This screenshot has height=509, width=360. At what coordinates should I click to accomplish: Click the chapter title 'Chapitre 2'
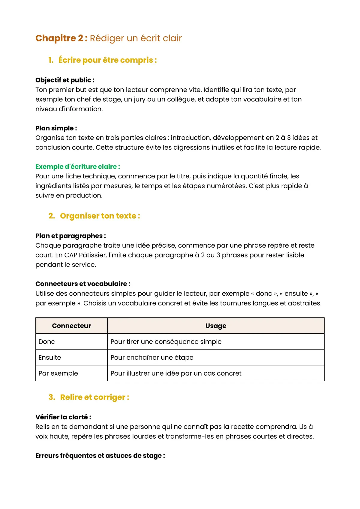point(61,38)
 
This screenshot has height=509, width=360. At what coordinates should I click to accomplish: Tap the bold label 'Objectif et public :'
point(65,80)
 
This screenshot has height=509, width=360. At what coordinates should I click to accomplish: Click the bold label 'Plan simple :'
point(56,128)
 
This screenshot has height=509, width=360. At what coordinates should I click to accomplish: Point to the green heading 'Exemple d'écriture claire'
point(77,167)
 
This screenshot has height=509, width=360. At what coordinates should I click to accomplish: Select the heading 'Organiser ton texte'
point(100,216)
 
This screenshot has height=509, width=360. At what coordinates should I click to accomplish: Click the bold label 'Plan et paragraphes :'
point(70,236)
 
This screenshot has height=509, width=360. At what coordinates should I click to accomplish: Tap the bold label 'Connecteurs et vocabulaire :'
point(83,284)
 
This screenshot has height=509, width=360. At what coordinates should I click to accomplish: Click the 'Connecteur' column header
point(71,326)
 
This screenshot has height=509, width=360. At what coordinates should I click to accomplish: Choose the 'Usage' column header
point(216,326)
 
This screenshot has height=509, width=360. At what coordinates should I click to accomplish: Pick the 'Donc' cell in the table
point(47,342)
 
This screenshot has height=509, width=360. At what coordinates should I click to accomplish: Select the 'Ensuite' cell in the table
point(50,358)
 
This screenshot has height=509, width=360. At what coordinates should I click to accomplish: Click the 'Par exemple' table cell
point(58,374)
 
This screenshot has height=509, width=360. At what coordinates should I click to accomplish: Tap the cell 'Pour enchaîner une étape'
point(152,358)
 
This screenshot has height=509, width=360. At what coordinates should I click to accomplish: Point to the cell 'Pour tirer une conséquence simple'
point(166,342)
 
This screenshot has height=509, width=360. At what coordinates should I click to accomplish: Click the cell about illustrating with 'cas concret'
point(176,374)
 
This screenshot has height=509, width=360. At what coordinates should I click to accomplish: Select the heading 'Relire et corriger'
point(94,397)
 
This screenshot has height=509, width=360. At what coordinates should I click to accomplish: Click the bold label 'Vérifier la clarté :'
point(63,417)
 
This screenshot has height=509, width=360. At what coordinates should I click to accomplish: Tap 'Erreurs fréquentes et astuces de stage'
point(100,456)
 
